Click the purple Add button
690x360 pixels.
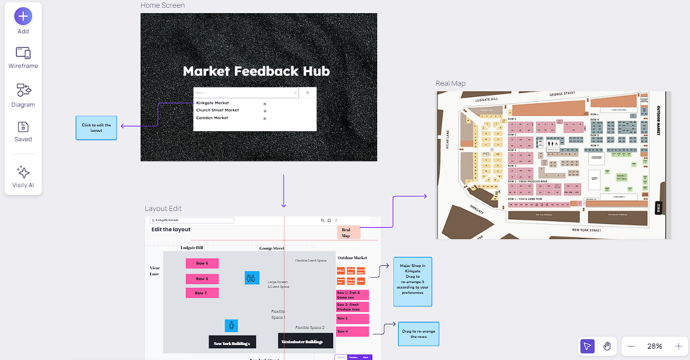pos(23,16)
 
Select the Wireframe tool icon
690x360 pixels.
pos(23,53)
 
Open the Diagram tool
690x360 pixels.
pos(23,91)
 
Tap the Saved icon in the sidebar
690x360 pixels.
pos(23,127)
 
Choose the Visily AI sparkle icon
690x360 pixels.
pos(23,173)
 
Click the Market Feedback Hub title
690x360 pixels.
pos(256,72)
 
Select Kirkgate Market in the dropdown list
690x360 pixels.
pos(213,103)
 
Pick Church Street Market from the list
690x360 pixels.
pos(217,110)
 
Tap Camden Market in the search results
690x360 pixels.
pos(212,118)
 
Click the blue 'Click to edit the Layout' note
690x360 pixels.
pos(97,128)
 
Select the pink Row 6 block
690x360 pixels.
pos(202,263)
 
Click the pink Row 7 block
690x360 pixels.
pos(202,293)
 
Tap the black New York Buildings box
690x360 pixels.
pos(232,342)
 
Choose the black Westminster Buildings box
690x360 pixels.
pos(305,341)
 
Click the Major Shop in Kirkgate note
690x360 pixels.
pos(412,281)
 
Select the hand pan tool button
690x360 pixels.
pos(607,346)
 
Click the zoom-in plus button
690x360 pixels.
pos(678,346)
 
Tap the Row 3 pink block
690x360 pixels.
pos(352,319)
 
